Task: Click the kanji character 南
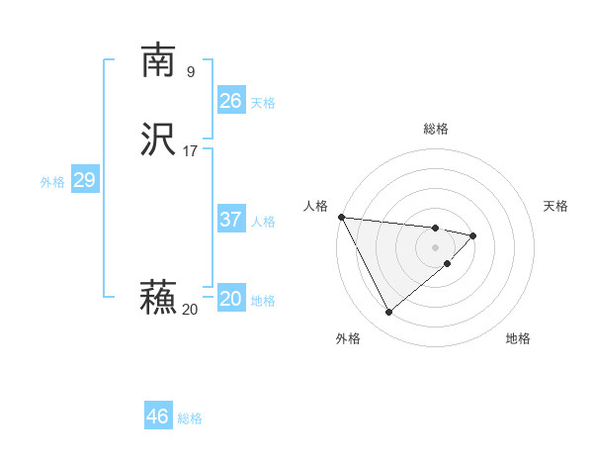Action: [x=158, y=61]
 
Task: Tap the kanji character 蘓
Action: [x=158, y=298]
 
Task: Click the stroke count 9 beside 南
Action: [x=191, y=71]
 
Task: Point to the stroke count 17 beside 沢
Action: [x=191, y=151]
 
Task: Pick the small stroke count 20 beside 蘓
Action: [x=190, y=310]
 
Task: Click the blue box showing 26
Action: [x=231, y=101]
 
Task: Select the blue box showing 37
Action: [x=231, y=220]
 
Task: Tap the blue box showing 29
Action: [x=85, y=180]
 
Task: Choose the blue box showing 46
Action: [x=158, y=417]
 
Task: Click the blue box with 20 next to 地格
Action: [x=231, y=299]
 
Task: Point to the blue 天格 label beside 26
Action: [x=263, y=103]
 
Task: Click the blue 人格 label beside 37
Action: [x=263, y=222]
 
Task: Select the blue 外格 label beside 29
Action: [x=52, y=182]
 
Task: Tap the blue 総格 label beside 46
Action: [x=190, y=418]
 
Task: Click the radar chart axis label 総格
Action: [x=436, y=129]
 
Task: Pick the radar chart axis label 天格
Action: [x=556, y=206]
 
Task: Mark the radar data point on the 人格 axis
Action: [x=341, y=217]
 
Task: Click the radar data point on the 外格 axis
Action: [x=388, y=313]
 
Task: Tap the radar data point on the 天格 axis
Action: [x=473, y=235]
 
